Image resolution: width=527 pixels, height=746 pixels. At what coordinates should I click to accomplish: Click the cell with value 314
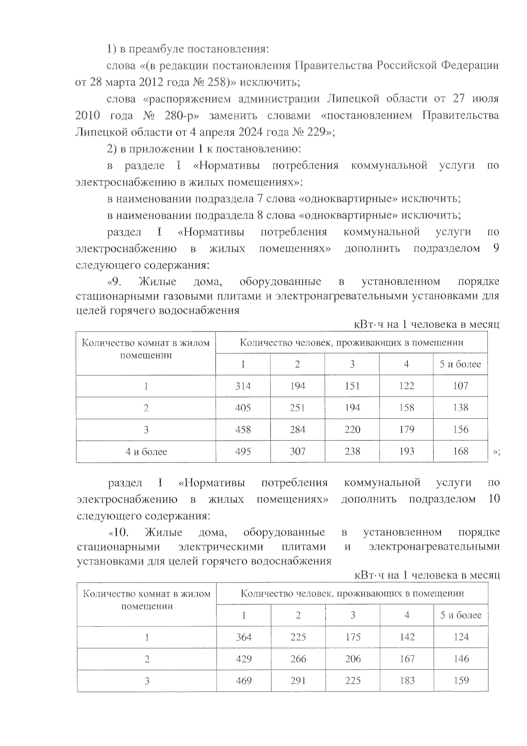point(243,386)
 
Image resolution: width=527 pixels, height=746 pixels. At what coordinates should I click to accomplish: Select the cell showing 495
point(243,451)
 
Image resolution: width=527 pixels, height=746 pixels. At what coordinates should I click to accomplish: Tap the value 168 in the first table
point(460,451)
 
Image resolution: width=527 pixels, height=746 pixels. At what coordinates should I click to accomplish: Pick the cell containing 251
point(297,408)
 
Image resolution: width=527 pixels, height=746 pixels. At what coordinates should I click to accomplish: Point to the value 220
point(352,429)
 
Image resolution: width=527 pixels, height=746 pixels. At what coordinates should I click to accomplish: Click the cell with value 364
point(244,637)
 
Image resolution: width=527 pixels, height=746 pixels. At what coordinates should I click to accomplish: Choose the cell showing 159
point(461,681)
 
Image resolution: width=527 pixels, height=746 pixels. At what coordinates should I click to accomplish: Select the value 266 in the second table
point(298,659)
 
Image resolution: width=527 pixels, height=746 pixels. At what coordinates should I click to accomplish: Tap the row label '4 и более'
point(146,452)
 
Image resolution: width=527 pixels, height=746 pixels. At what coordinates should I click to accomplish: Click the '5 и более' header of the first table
point(460,364)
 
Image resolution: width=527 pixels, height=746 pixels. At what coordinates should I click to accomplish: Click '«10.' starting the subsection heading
point(119,533)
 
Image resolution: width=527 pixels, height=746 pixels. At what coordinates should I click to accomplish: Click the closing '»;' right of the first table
point(496,453)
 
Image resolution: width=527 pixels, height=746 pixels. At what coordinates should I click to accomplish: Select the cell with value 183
point(407,681)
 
